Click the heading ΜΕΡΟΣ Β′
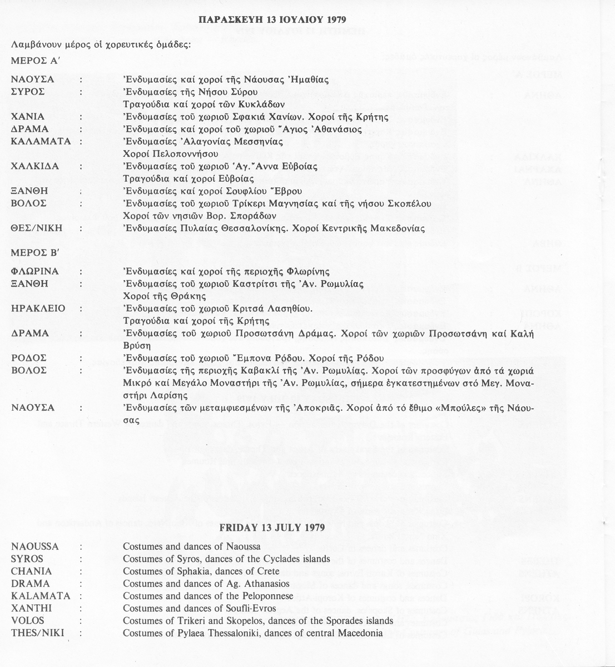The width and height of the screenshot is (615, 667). tap(34, 251)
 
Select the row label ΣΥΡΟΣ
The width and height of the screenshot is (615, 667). tap(28, 92)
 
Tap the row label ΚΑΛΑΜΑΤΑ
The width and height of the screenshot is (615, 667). tap(41, 141)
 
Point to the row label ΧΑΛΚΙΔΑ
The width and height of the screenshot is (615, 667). tap(35, 166)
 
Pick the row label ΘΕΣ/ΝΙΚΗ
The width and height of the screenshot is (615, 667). tap(36, 228)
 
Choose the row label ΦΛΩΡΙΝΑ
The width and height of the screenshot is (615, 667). tap(34, 271)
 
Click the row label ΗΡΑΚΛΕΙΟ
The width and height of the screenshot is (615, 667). tap(38, 308)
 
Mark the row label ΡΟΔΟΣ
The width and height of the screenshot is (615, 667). tap(29, 358)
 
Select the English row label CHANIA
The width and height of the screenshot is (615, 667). tap(31, 571)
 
